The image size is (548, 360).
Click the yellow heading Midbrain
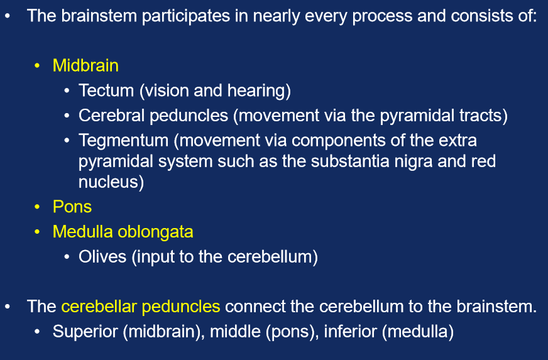point(85,65)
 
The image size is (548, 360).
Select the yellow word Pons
point(72,207)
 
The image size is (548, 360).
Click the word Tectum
point(106,90)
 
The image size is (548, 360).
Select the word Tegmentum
point(123,140)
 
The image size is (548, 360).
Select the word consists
point(481,15)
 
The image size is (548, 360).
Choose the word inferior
point(351,331)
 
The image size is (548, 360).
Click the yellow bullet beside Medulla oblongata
point(38,232)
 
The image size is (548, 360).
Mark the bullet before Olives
point(67,258)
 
